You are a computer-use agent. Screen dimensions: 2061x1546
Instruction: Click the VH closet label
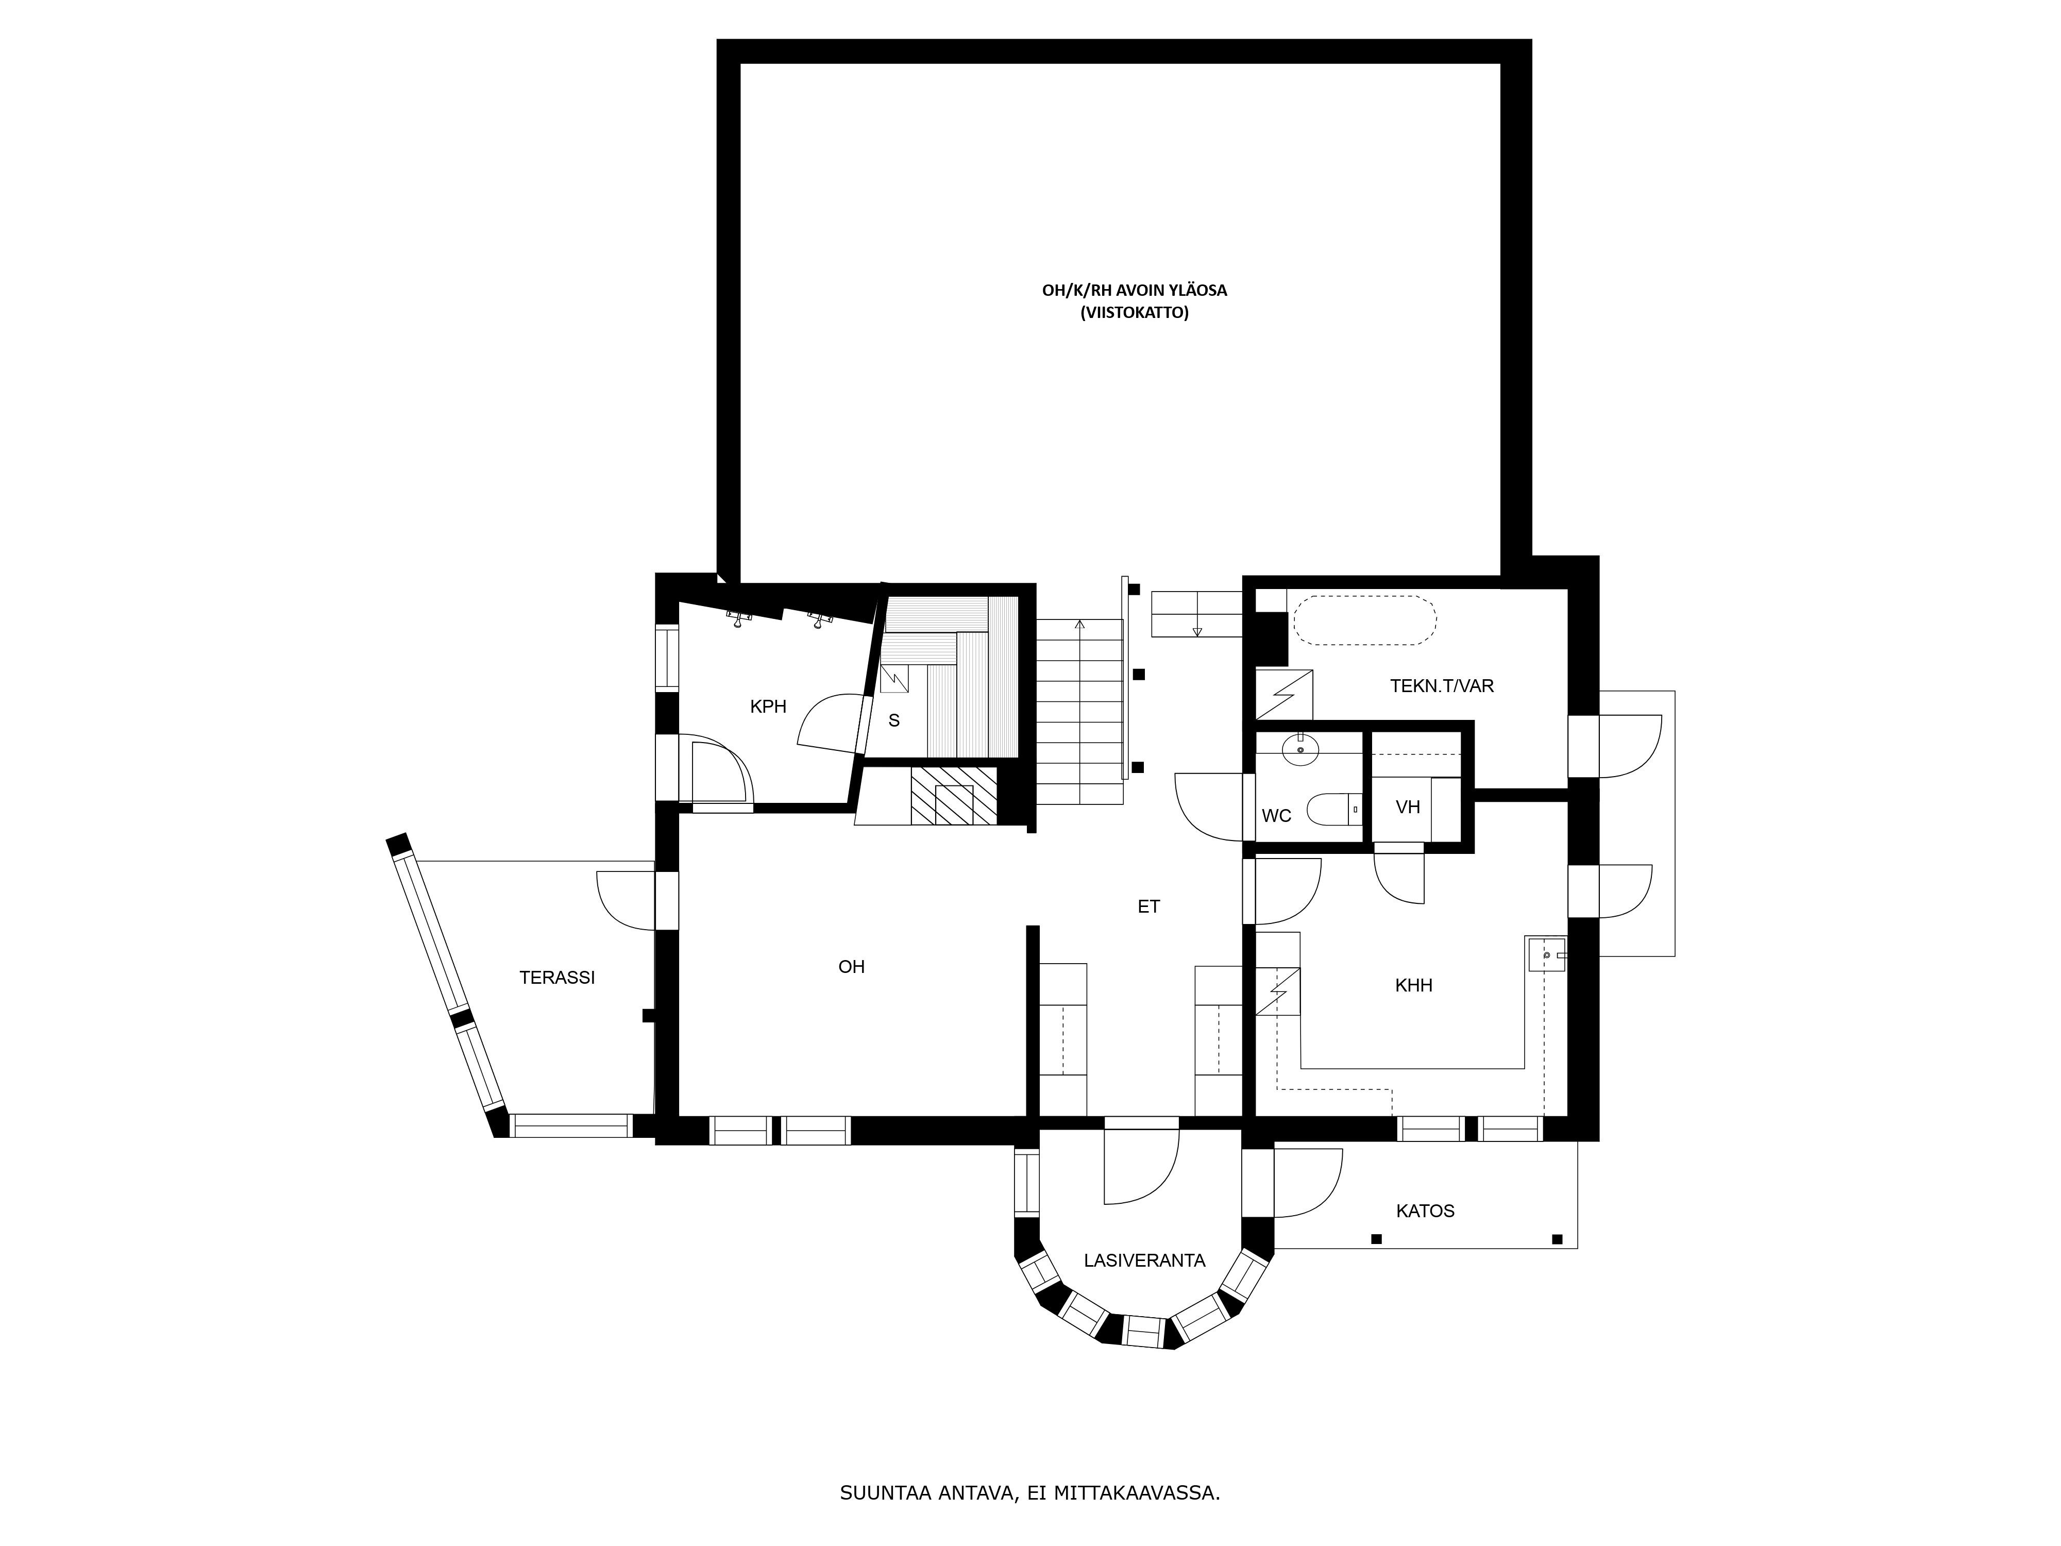[x=1408, y=807]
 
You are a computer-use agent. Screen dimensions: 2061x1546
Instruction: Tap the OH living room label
[x=852, y=966]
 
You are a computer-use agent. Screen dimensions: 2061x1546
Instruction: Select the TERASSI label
[x=557, y=978]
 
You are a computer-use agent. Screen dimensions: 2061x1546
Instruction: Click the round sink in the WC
[x=1300, y=748]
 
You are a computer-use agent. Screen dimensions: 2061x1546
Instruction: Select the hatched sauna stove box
[x=953, y=795]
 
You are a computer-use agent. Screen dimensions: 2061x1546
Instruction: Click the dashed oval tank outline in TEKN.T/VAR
[x=1364, y=620]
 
